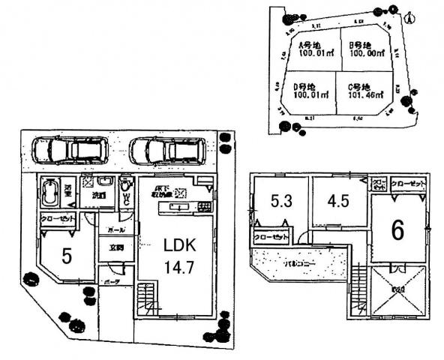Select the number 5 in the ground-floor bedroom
67,256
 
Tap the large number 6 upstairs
397,229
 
